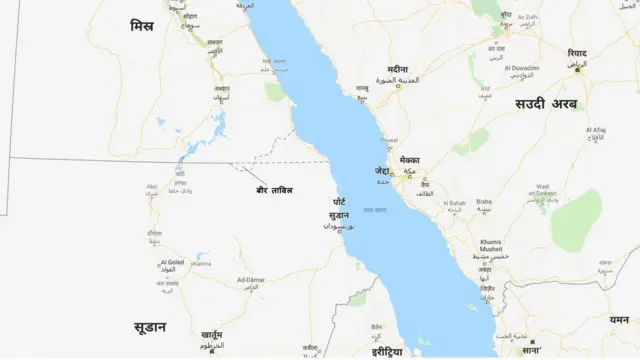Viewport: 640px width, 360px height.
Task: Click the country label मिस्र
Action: coord(142,24)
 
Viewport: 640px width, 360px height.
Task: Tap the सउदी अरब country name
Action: coord(546,103)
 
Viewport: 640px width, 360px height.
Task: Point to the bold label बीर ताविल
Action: coord(274,188)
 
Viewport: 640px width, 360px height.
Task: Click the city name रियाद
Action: coord(577,53)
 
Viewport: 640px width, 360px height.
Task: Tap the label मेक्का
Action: coord(409,160)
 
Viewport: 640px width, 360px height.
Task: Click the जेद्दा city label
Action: coord(382,170)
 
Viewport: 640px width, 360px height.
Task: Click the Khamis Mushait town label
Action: coord(490,246)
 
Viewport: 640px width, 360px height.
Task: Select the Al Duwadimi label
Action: coord(520,68)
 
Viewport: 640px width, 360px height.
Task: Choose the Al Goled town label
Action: coord(171,262)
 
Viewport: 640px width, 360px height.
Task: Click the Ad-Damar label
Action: coord(250,279)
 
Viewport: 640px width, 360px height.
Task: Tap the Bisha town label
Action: coord(484,201)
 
